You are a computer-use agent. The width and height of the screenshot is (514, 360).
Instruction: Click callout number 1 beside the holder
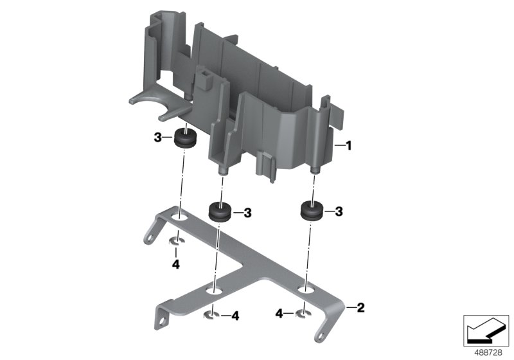point(350,146)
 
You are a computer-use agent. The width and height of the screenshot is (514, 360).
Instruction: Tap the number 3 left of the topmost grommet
point(157,138)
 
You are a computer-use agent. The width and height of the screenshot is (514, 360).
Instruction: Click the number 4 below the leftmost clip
point(174,264)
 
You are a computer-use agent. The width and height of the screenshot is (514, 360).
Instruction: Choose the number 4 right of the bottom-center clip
point(235,316)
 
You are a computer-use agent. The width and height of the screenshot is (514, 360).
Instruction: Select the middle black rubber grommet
point(220,212)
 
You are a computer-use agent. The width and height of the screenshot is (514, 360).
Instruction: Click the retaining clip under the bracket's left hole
point(175,242)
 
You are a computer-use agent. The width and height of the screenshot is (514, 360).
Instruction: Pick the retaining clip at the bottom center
point(211,315)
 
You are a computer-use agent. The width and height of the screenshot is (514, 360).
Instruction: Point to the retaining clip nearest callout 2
point(303,314)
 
